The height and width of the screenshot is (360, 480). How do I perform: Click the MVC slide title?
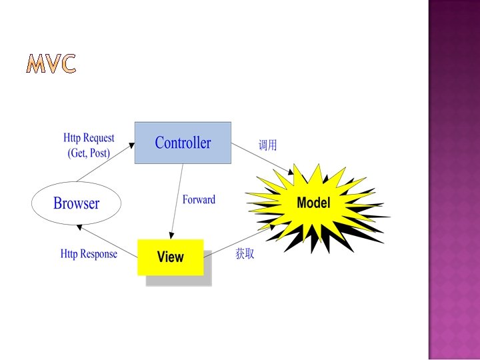point(51,63)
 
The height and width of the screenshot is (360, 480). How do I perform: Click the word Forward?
point(199,199)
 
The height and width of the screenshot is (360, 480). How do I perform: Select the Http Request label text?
point(89,139)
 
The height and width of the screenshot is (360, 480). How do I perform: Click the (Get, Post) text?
point(89,153)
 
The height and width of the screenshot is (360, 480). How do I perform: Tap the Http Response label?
point(89,253)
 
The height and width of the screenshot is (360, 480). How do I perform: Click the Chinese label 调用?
point(267,145)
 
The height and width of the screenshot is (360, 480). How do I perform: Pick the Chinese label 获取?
point(245,254)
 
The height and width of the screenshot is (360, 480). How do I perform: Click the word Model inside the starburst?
point(313,203)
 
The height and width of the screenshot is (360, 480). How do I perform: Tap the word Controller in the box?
point(183,143)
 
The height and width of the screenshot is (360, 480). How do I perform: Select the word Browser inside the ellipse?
point(76,203)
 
